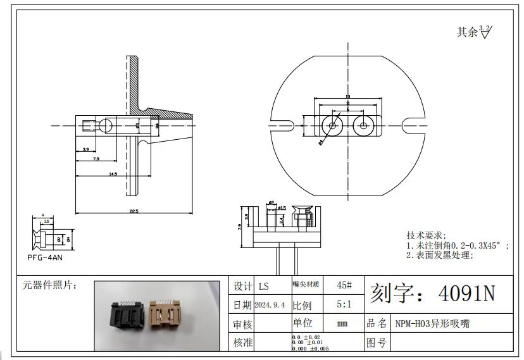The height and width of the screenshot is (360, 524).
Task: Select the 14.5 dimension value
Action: coord(113,173)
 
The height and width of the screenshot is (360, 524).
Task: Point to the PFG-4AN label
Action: coord(45,258)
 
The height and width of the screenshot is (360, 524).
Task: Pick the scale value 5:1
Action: coord(343,304)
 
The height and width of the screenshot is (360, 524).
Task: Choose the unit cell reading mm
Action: coord(342,324)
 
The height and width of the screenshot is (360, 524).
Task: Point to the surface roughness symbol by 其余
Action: coord(485,31)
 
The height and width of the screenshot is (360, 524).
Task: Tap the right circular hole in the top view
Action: coord(363,125)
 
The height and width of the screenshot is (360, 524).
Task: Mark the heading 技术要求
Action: coord(426,235)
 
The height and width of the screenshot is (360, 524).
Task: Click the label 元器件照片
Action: coord(50,285)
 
